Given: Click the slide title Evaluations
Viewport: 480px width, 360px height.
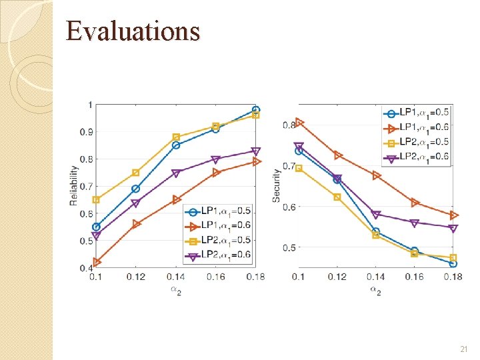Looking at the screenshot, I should pyautogui.click(x=133, y=31).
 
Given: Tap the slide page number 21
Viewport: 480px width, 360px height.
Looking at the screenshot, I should pyautogui.click(x=464, y=349).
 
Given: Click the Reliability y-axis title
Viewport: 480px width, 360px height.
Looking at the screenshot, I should pyautogui.click(x=74, y=186).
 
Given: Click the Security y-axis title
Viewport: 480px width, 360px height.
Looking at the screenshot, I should pyautogui.click(x=277, y=185).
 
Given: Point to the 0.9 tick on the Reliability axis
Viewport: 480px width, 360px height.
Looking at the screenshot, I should pyautogui.click(x=87, y=132).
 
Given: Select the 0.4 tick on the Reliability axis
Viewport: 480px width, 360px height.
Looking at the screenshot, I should pyautogui.click(x=87, y=268).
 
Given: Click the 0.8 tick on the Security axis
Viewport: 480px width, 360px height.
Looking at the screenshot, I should pyautogui.click(x=289, y=125).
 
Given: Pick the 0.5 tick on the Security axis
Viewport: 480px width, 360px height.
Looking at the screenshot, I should pyautogui.click(x=289, y=248).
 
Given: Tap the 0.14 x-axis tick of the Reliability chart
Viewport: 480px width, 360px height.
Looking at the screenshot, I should pyautogui.click(x=176, y=277).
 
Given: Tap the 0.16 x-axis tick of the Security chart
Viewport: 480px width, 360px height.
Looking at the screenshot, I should pyautogui.click(x=414, y=277).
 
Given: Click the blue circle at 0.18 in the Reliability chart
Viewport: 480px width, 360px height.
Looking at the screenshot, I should pyautogui.click(x=256, y=110).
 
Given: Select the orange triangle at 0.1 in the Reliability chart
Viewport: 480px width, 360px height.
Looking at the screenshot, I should pyautogui.click(x=97, y=262).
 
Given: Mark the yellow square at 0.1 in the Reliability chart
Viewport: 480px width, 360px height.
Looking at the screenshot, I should pyautogui.click(x=97, y=199).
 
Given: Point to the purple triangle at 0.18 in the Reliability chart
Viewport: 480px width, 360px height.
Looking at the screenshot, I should pyautogui.click(x=256, y=151).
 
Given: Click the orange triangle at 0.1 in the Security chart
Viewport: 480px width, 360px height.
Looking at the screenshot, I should pyautogui.click(x=299, y=122).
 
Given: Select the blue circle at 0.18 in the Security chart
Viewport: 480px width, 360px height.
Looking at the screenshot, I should pyautogui.click(x=453, y=263).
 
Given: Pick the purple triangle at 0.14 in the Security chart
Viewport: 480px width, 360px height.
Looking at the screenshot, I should pyautogui.click(x=376, y=215).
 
